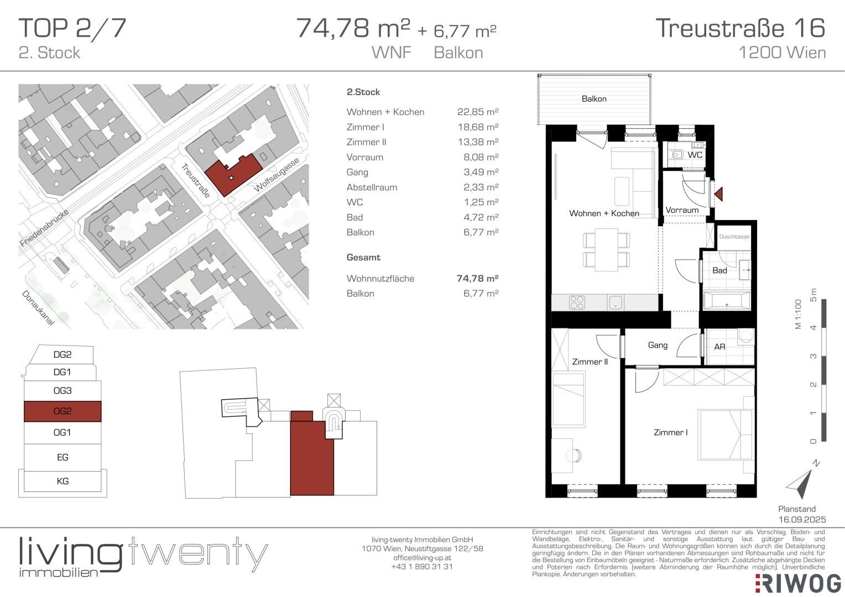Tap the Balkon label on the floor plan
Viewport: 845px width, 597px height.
pyautogui.click(x=594, y=99)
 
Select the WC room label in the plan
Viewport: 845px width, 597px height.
pyautogui.click(x=695, y=155)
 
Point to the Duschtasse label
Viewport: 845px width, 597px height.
pyautogui.click(x=734, y=237)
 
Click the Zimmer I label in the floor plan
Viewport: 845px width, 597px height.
pyautogui.click(x=671, y=432)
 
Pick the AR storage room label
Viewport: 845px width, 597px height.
pyautogui.click(x=720, y=347)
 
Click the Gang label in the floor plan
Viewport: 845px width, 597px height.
pyautogui.click(x=658, y=345)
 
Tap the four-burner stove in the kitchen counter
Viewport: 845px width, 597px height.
pyautogui.click(x=577, y=302)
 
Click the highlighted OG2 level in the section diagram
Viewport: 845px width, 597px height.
pyautogui.click(x=62, y=411)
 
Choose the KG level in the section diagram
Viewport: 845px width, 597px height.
pyautogui.click(x=62, y=481)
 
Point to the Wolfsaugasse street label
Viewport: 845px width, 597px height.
pyautogui.click(x=277, y=175)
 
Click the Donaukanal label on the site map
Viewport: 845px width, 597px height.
pyautogui.click(x=38, y=308)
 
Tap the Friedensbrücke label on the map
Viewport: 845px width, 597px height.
pyautogui.click(x=44, y=227)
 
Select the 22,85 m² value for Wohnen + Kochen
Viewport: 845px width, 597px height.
pyautogui.click(x=478, y=112)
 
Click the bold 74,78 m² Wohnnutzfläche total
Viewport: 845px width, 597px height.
pyautogui.click(x=478, y=278)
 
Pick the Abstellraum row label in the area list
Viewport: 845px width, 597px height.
pyautogui.click(x=372, y=187)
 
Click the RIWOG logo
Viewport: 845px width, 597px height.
pyautogui.click(x=799, y=584)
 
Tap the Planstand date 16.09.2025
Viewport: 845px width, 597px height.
pyautogui.click(x=802, y=520)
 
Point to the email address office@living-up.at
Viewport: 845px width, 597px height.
pyautogui.click(x=422, y=557)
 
